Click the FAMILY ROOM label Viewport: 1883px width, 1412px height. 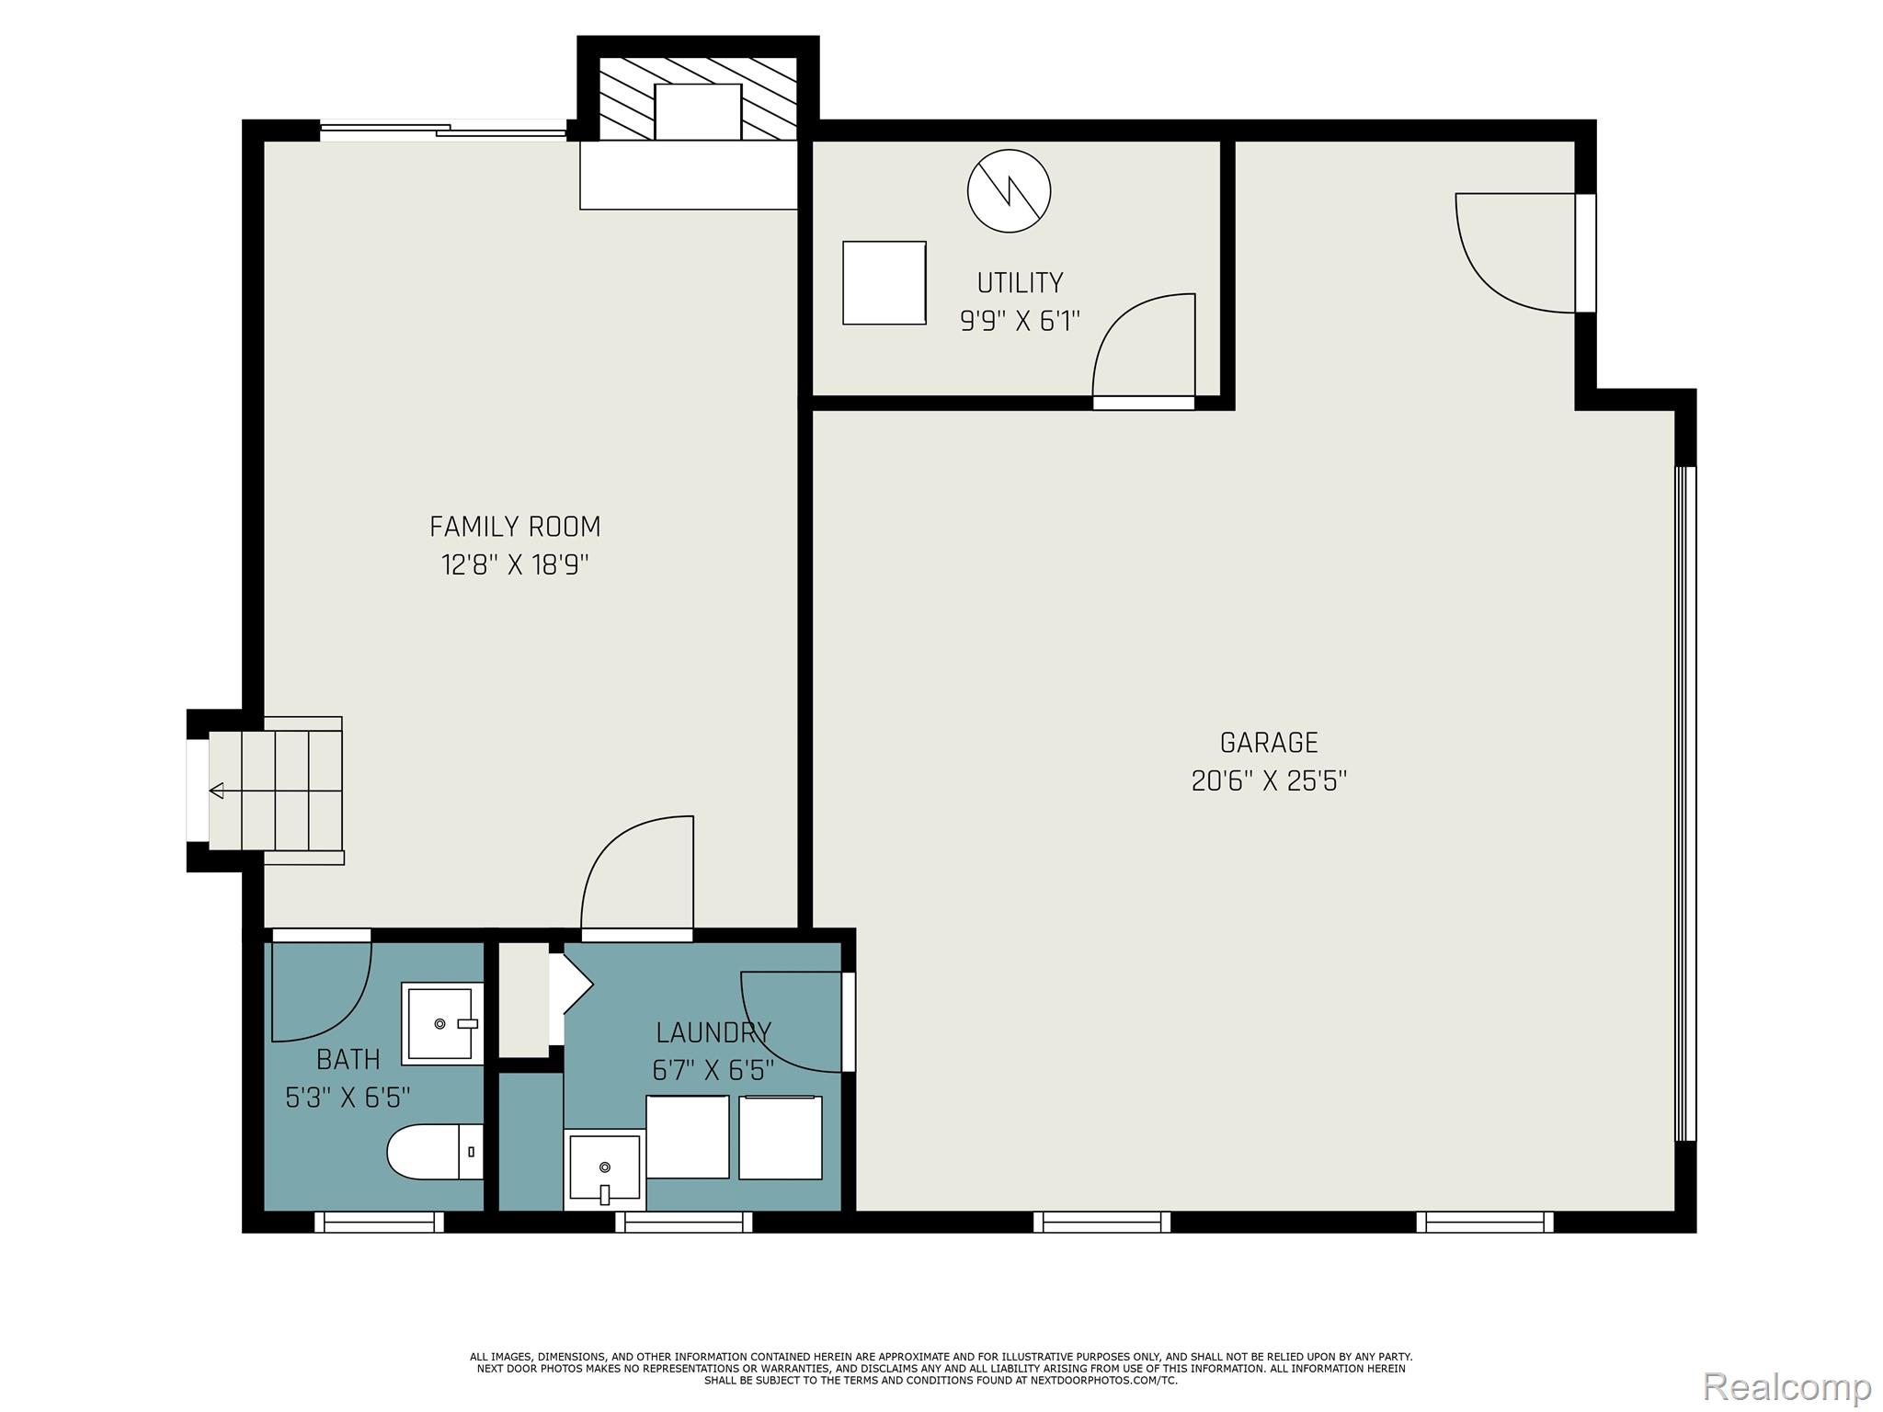tap(515, 527)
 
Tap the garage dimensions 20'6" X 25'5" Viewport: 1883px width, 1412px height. tap(1269, 781)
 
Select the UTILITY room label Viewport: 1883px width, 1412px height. tap(1020, 282)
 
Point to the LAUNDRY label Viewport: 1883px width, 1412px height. tap(713, 1032)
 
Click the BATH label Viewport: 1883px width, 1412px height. tap(348, 1060)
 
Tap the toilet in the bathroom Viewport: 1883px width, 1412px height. tap(435, 1152)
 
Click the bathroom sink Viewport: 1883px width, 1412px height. tap(442, 1023)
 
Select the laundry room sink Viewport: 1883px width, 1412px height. tap(604, 1168)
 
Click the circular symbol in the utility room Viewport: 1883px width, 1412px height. tap(1009, 191)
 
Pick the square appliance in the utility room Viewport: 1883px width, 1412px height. tap(884, 283)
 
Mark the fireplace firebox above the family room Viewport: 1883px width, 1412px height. tap(698, 111)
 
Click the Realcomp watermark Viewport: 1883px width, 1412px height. tap(1787, 1384)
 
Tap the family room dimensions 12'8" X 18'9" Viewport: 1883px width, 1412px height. tap(515, 564)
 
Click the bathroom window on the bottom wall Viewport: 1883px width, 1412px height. tap(379, 1222)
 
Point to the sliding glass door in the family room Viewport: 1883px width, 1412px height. tap(443, 131)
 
